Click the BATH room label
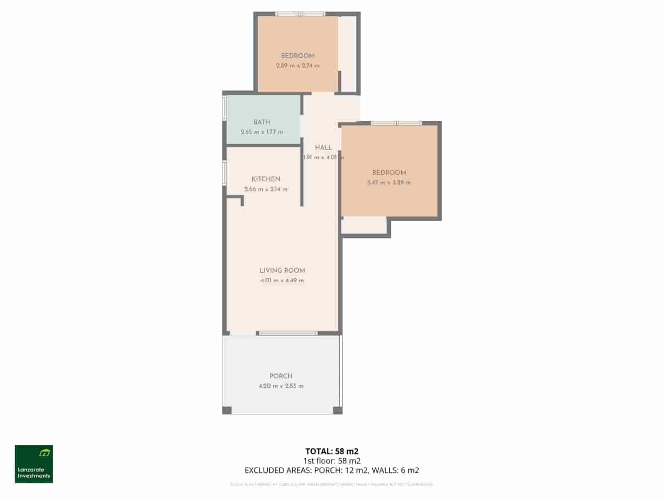(262, 122)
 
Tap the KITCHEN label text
(266, 179)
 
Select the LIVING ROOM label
(282, 270)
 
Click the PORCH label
(281, 376)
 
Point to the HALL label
(323, 147)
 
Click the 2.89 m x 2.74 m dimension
(298, 66)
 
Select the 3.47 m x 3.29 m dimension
(389, 183)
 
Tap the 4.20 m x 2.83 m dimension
(281, 386)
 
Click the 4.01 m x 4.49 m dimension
(282, 281)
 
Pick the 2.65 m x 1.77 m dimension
(262, 132)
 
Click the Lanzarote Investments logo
(34, 464)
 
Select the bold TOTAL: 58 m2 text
(332, 451)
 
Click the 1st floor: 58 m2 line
(332, 461)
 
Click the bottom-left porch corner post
(227, 410)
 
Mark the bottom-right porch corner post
(338, 410)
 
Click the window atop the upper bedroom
(301, 14)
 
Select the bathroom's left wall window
(224, 108)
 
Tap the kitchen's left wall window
(224, 173)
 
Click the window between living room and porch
(288, 333)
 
